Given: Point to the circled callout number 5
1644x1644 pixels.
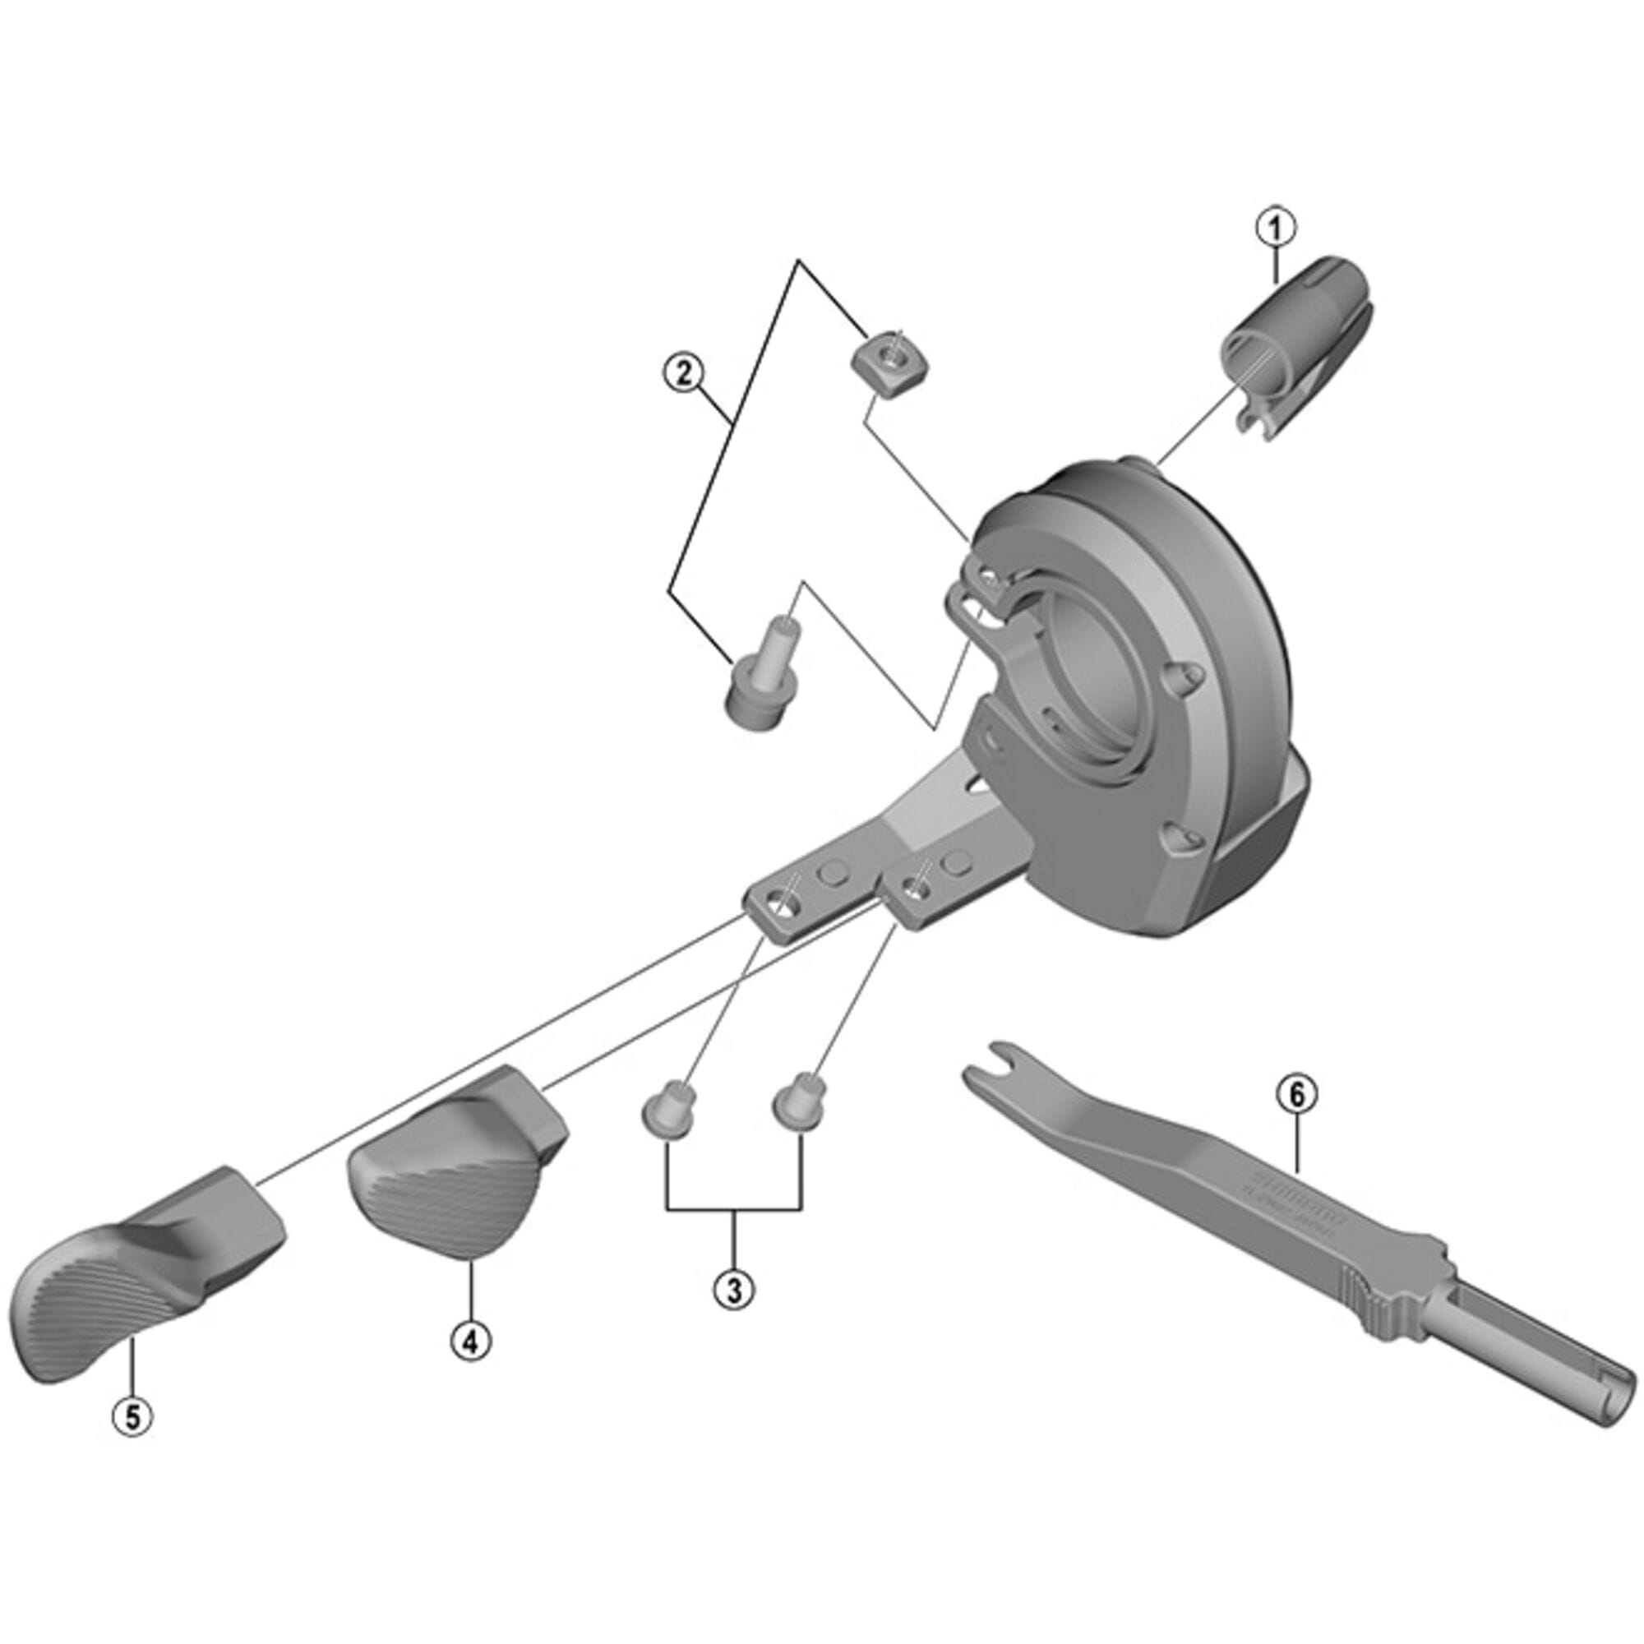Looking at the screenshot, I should tap(132, 1417).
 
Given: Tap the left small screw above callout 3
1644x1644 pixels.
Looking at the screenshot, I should tap(669, 1111).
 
